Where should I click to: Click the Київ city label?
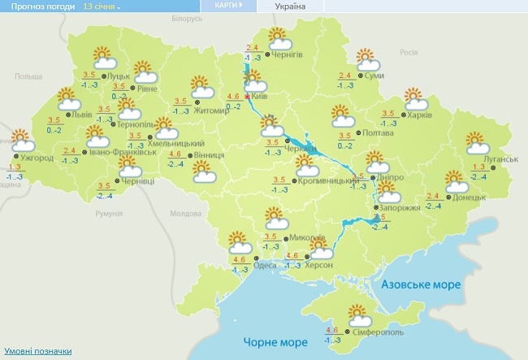point(259,96)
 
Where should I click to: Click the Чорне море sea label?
point(271,342)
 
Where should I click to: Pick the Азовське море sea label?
point(421,285)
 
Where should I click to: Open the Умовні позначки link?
point(38,352)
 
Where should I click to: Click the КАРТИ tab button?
point(227,5)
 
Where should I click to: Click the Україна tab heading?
point(291,6)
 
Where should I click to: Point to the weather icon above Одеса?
point(239,242)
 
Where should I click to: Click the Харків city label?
point(419,115)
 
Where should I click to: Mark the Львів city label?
point(82,115)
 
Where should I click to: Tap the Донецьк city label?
point(470,197)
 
